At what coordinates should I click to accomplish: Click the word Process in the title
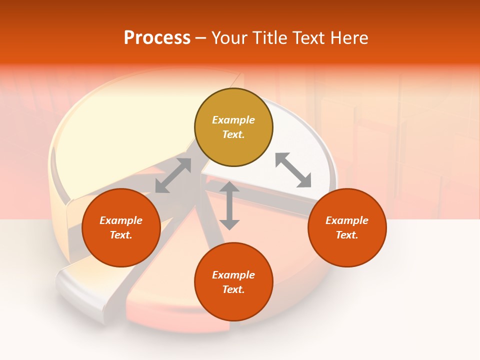[x=157, y=38]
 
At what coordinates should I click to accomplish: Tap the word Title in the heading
[x=272, y=38]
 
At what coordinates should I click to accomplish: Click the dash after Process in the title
[x=200, y=39]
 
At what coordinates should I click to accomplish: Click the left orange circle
[x=121, y=227]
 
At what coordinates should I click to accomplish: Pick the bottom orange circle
[x=233, y=281]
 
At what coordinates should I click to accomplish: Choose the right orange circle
[x=347, y=227]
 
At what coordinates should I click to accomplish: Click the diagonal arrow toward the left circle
[x=173, y=175]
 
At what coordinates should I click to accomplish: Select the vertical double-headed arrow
[x=229, y=205]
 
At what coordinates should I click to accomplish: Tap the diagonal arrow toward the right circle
[x=293, y=170]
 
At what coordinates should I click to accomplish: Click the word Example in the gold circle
[x=233, y=120]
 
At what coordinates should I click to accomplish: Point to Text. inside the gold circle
[x=233, y=134]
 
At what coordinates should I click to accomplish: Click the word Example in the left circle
[x=121, y=220]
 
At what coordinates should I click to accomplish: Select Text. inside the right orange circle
[x=347, y=235]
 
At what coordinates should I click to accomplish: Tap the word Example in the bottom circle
[x=233, y=275]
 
